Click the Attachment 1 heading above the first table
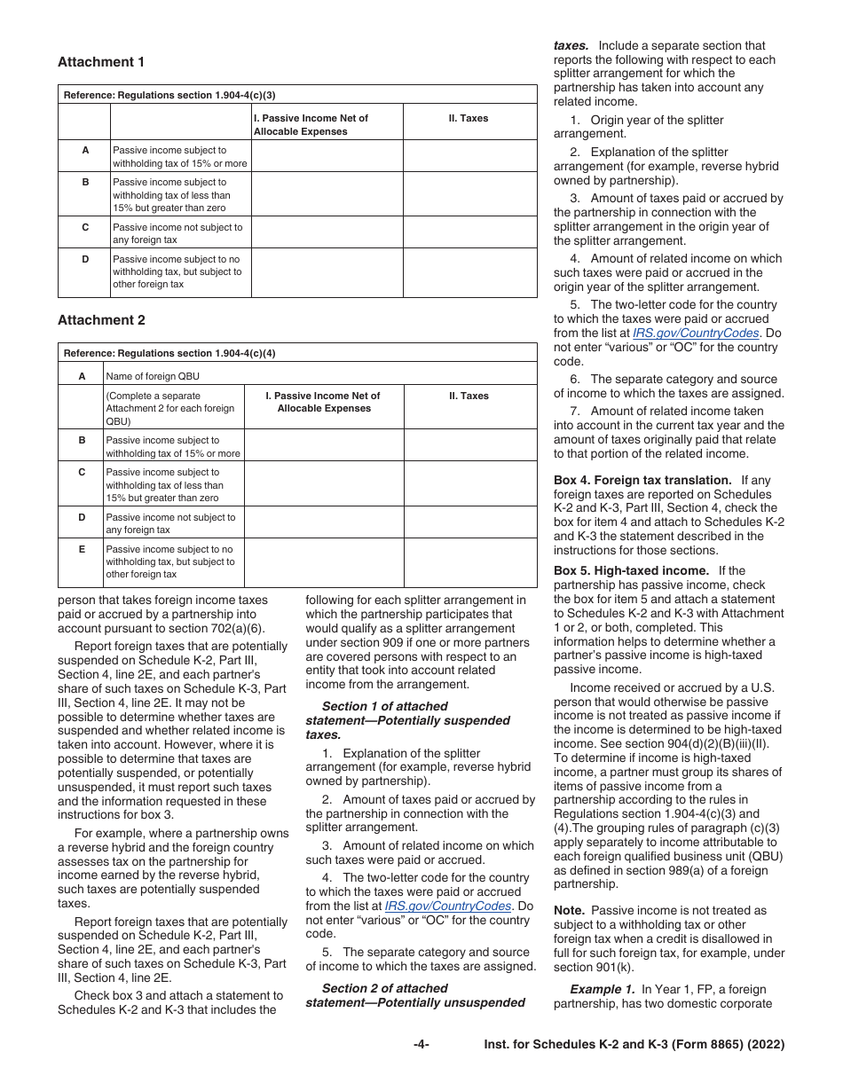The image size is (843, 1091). (101, 62)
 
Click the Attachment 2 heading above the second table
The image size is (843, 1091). (101, 320)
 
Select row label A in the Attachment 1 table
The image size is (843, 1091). (85, 151)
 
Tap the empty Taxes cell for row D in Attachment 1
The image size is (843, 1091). (469, 272)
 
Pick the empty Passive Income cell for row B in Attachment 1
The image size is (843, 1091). (327, 195)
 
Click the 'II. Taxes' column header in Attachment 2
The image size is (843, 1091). (469, 396)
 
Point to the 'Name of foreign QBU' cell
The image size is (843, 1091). (153, 376)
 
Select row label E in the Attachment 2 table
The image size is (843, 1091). (82, 550)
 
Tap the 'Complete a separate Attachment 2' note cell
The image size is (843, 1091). (173, 408)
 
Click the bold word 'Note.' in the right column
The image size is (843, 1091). (569, 911)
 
